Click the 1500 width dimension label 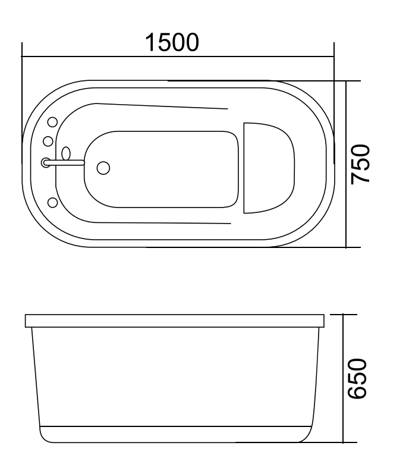tap(173, 42)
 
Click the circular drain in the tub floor tap(103, 168)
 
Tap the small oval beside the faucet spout tap(66, 153)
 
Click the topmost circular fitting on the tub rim tap(52, 123)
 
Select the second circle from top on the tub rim tap(48, 141)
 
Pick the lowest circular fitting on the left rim tap(52, 203)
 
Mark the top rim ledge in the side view tap(175, 321)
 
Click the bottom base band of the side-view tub tap(175, 435)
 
